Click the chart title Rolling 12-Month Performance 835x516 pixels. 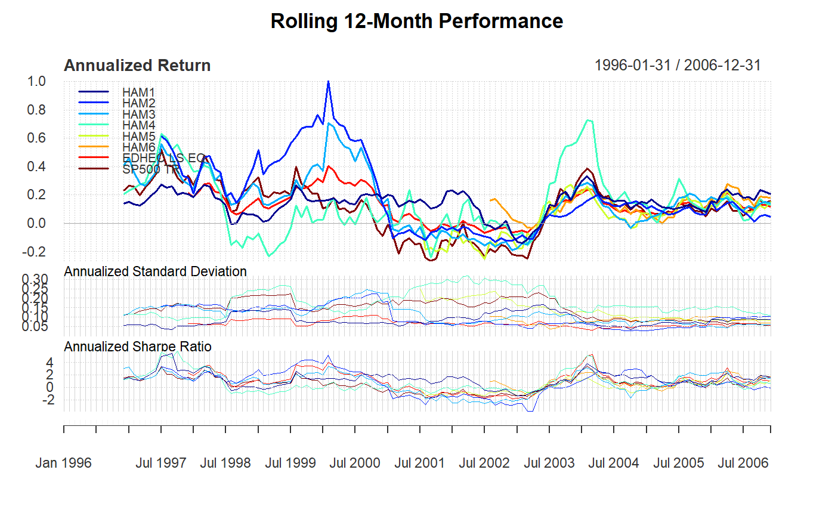click(x=416, y=21)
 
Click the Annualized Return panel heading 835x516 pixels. click(x=137, y=66)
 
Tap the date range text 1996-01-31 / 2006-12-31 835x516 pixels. click(x=678, y=66)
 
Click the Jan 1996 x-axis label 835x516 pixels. click(x=63, y=463)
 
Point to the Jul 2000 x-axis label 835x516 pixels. click(x=354, y=463)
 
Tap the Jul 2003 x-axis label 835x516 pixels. click(x=549, y=463)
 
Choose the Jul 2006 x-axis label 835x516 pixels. click(x=743, y=463)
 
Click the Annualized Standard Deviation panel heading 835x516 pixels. click(x=155, y=272)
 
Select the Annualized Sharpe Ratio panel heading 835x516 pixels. click(x=137, y=347)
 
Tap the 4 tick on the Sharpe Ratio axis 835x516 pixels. click(x=50, y=363)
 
